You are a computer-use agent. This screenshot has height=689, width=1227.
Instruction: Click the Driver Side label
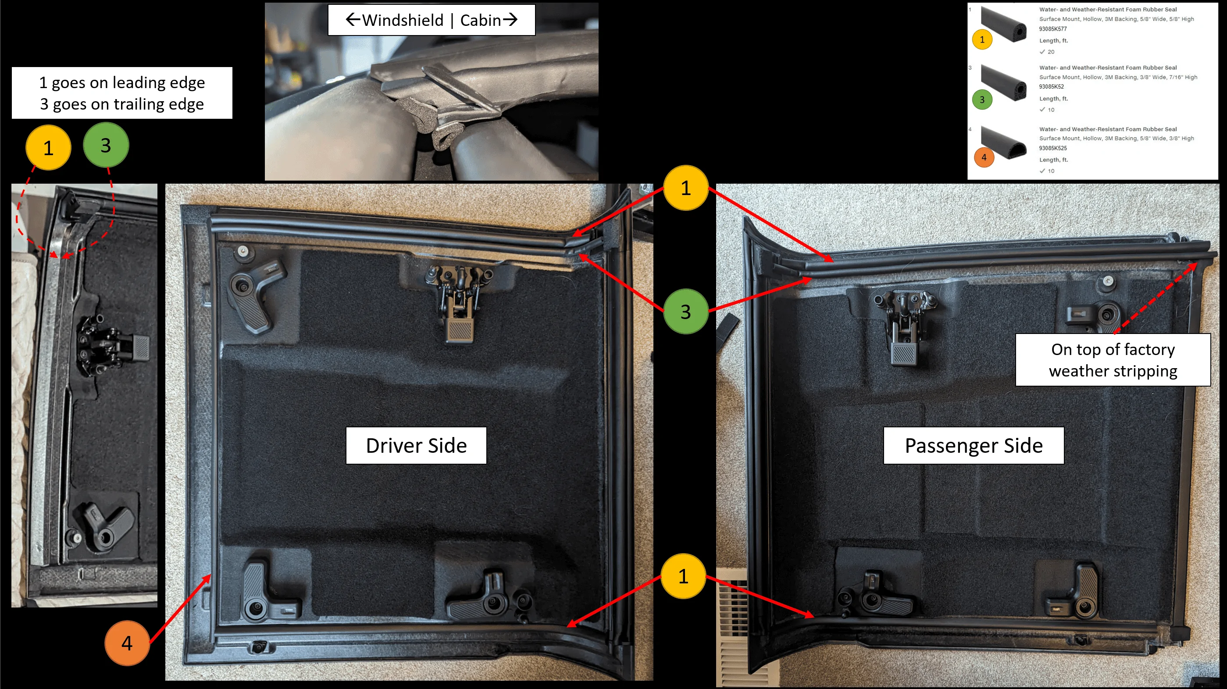pyautogui.click(x=416, y=445)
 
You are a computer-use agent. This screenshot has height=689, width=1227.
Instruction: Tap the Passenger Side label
pyautogui.click(x=974, y=445)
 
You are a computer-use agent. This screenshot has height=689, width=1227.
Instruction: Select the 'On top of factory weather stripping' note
pyautogui.click(x=1113, y=359)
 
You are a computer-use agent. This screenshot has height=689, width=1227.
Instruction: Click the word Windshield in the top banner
pyautogui.click(x=403, y=20)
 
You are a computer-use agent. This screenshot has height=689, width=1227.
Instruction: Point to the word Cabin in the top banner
pyautogui.click(x=480, y=20)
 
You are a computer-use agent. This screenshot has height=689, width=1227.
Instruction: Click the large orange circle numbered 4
pyautogui.click(x=127, y=643)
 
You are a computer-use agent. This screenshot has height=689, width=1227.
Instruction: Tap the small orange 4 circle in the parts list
pyautogui.click(x=984, y=158)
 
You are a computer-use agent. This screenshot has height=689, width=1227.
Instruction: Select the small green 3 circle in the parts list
pyautogui.click(x=982, y=99)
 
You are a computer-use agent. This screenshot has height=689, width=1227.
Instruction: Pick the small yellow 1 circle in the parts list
pyautogui.click(x=982, y=39)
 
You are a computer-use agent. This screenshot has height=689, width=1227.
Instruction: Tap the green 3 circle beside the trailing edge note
pyautogui.click(x=106, y=145)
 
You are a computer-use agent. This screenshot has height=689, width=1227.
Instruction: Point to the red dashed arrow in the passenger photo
pyautogui.click(x=1156, y=298)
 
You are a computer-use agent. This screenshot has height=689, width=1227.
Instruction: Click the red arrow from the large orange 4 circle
pyautogui.click(x=180, y=608)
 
